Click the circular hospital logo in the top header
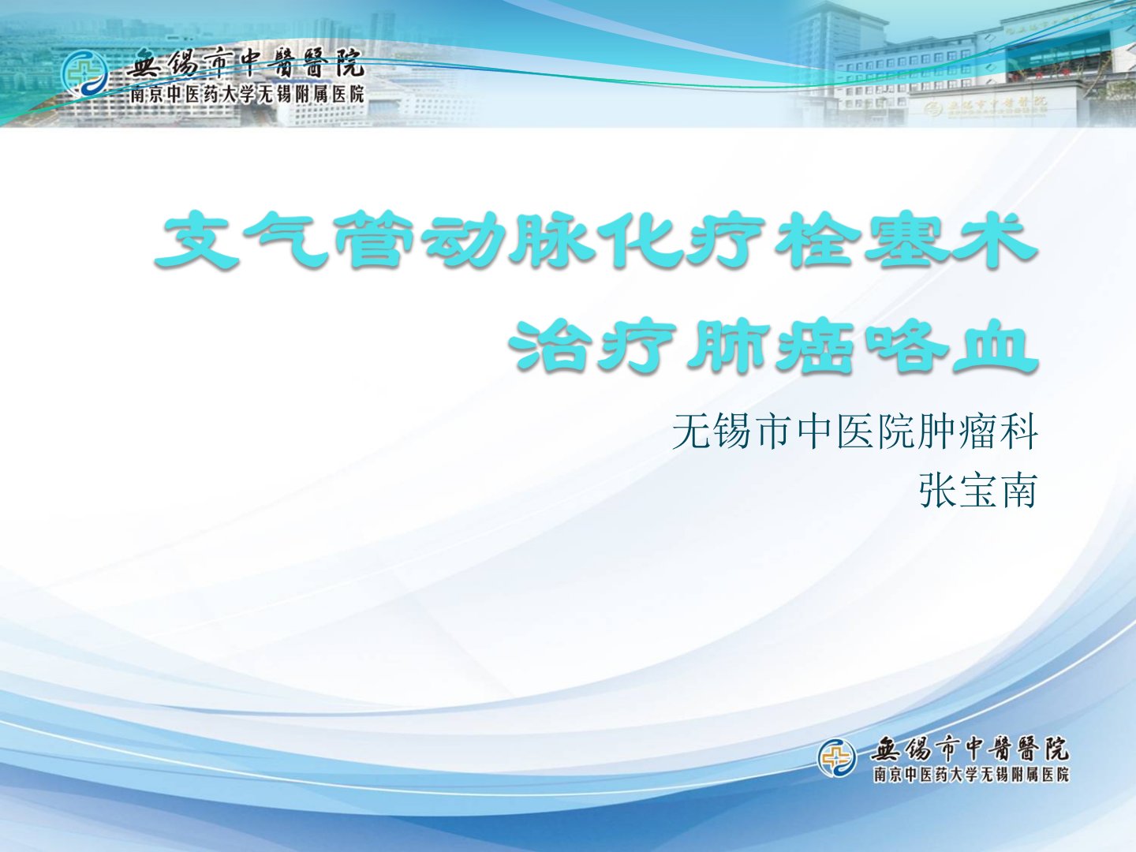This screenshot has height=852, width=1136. [84, 74]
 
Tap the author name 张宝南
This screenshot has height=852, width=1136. [978, 491]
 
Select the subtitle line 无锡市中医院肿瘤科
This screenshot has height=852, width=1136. [854, 431]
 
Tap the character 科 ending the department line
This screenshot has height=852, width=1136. [1018, 431]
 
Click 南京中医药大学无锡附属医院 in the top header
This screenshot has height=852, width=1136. [248, 94]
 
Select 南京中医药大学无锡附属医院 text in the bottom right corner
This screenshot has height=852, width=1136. [971, 775]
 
